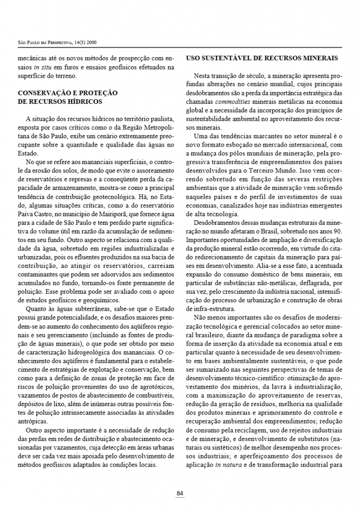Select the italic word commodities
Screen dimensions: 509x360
point(233,102)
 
